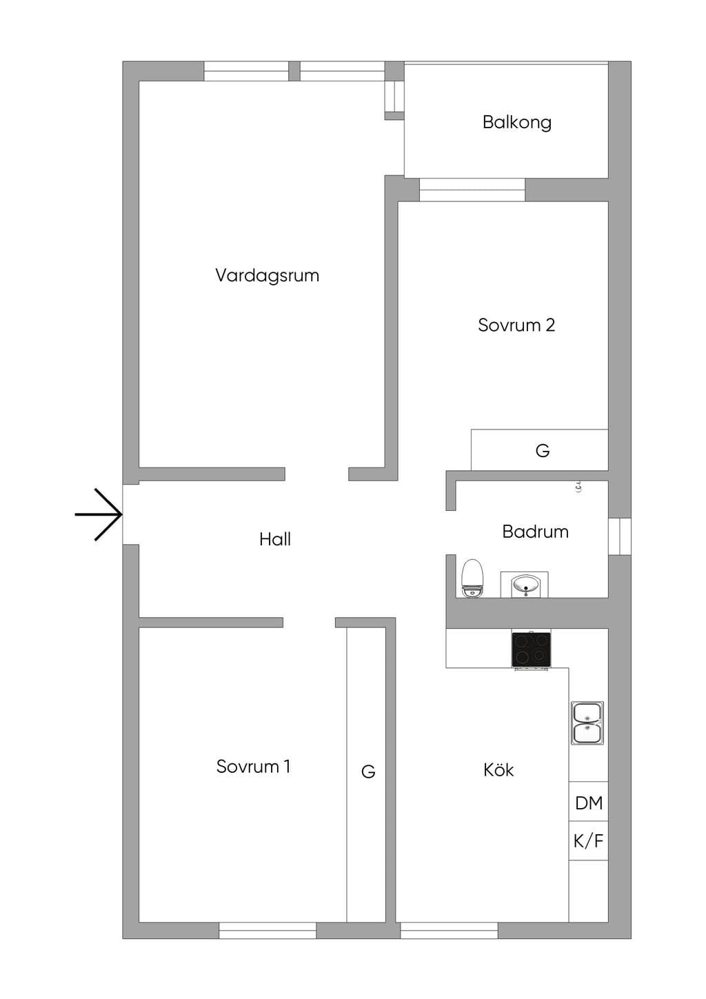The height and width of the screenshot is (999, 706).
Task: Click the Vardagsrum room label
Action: [267, 276]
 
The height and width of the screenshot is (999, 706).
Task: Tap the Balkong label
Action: [517, 123]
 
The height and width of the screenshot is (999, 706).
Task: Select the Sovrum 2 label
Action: [516, 325]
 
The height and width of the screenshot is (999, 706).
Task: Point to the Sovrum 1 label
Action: [253, 767]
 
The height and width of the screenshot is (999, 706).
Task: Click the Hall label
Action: [275, 539]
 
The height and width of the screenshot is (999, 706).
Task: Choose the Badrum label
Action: [535, 532]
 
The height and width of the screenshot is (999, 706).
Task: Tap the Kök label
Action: [498, 770]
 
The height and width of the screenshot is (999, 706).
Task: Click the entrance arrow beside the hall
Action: [99, 514]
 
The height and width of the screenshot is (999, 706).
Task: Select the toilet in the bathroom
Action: [472, 578]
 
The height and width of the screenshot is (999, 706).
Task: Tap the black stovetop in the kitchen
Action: [531, 649]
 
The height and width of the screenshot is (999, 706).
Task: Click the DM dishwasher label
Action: [589, 803]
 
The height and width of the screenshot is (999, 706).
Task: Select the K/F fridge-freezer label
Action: [588, 842]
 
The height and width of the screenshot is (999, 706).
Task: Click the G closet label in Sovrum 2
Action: [543, 451]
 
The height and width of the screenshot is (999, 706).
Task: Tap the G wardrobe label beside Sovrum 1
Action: [368, 771]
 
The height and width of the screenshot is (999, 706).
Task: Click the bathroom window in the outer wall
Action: [620, 536]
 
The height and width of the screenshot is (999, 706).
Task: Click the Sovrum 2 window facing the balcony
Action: [472, 190]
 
